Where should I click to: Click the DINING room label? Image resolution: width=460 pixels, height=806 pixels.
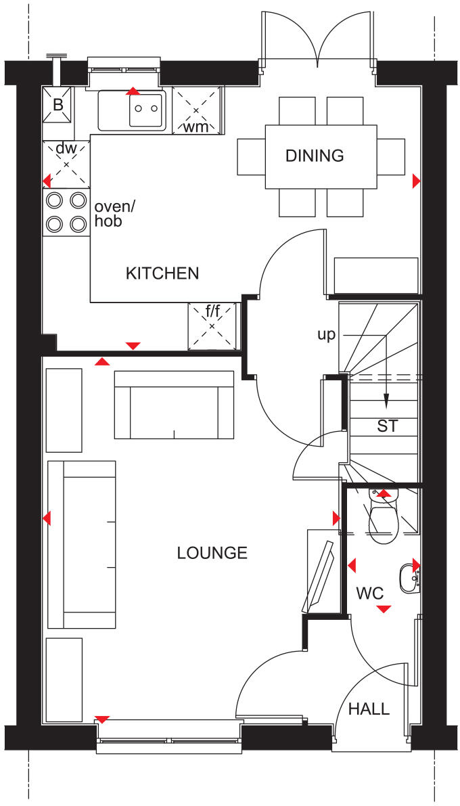pyautogui.click(x=315, y=156)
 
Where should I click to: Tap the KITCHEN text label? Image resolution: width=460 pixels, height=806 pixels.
pyautogui.click(x=162, y=273)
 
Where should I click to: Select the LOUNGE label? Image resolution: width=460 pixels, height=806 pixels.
pyautogui.click(x=212, y=553)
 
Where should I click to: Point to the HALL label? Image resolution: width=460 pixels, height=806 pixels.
pyautogui.click(x=369, y=709)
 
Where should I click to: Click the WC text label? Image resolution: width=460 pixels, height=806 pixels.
pyautogui.click(x=370, y=594)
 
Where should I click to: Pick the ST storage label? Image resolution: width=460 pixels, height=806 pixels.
pyautogui.click(x=388, y=426)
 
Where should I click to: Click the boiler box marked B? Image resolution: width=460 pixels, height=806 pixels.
pyautogui.click(x=57, y=105)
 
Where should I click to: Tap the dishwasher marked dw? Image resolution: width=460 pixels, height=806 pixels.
pyautogui.click(x=66, y=164)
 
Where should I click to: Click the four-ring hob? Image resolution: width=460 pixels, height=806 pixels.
pyautogui.click(x=66, y=212)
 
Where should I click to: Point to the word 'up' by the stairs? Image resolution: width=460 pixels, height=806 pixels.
pyautogui.click(x=327, y=334)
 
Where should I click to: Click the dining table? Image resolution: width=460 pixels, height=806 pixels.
pyautogui.click(x=321, y=156)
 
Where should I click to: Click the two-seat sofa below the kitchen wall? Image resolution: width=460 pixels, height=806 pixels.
pyautogui.click(x=174, y=405)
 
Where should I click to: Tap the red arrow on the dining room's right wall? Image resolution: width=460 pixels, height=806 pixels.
pyautogui.click(x=416, y=181)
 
